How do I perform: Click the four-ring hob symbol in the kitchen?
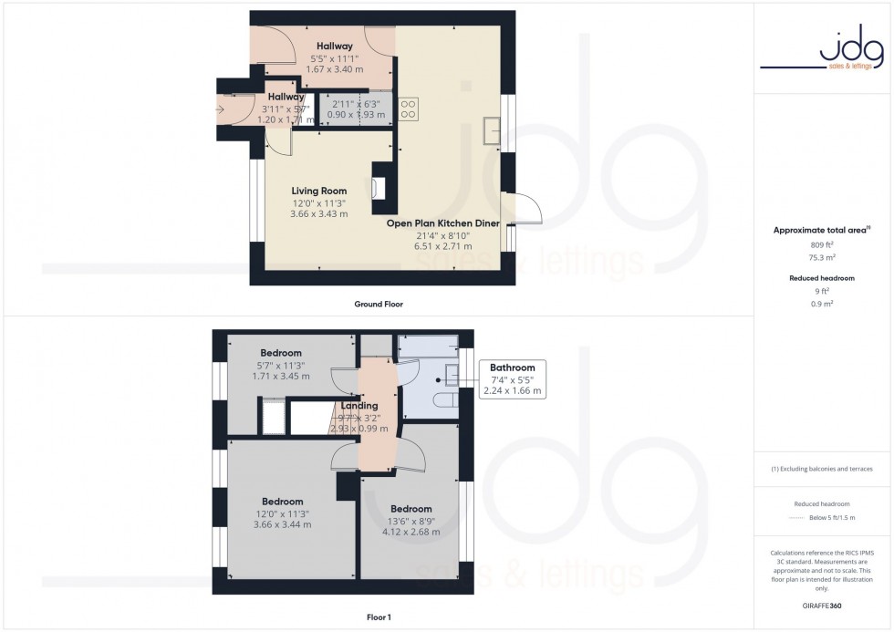409,109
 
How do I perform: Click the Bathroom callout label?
512,368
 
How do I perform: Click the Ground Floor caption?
378,304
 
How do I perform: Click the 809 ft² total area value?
824,243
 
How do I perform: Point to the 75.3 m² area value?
824,257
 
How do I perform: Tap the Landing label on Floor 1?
359,406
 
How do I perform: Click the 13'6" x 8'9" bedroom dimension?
411,523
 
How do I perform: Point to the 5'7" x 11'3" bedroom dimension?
281,365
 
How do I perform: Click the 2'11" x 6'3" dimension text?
358,103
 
